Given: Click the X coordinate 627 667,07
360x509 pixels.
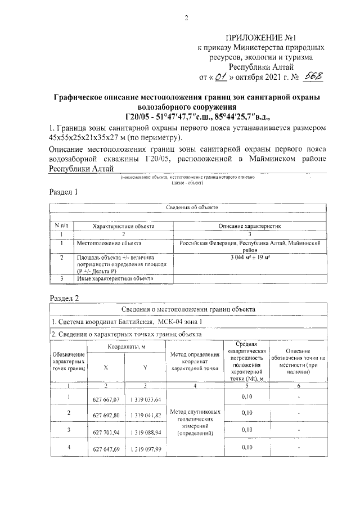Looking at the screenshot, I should tap(106, 399).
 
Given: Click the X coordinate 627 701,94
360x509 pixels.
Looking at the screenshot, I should tap(106, 432).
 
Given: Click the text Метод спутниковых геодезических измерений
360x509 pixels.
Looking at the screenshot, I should tap(194, 422).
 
